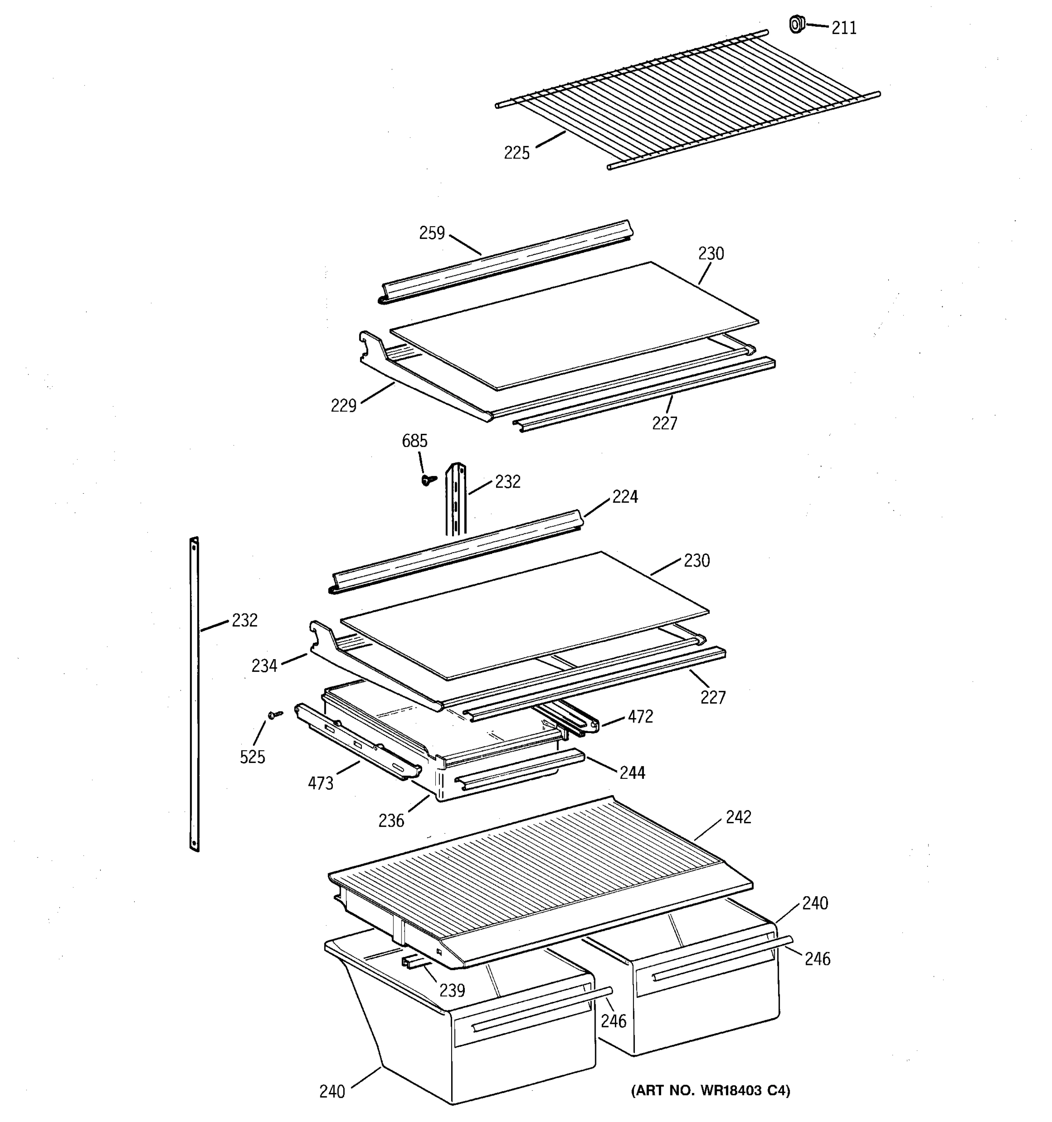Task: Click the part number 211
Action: tap(844, 28)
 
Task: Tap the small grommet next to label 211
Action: tap(796, 24)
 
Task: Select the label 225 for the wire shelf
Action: tap(516, 153)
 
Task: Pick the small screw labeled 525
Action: tap(275, 715)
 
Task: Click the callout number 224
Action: tap(625, 496)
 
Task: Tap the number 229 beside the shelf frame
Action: tap(343, 405)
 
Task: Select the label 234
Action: tap(264, 666)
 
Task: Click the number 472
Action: tap(640, 716)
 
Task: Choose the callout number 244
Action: tap(632, 773)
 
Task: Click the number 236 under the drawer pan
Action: tap(391, 820)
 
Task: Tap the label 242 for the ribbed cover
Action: tap(738, 817)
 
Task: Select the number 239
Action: tap(452, 990)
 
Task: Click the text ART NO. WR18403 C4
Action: tap(710, 1090)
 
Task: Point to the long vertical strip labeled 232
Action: tap(194, 694)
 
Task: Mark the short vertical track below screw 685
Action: tap(455, 499)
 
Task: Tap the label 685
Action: tap(414, 441)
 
